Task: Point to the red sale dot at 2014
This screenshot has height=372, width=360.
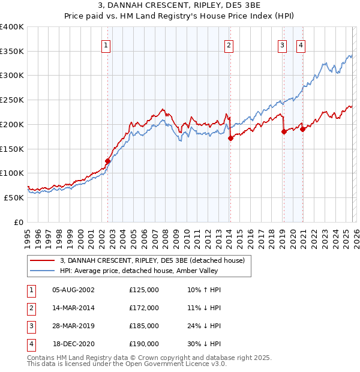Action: click(x=230, y=138)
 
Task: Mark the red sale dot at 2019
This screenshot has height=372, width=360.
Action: click(x=284, y=132)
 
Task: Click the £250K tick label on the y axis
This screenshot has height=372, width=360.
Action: click(x=12, y=100)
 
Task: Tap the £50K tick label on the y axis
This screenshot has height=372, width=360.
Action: click(x=14, y=197)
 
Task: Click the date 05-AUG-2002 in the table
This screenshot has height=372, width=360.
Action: click(x=73, y=290)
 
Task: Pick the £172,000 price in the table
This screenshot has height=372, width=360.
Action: click(x=144, y=308)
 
